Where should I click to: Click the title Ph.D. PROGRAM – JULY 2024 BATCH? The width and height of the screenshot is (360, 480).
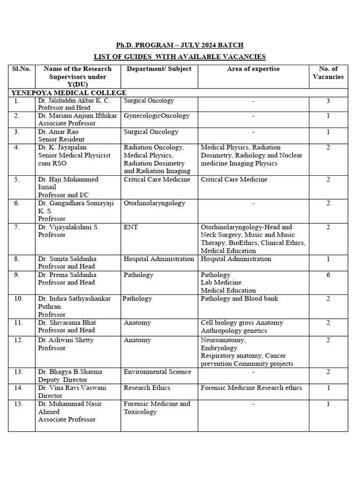(x=180, y=45)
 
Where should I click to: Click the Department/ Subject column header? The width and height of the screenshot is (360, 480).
(x=159, y=69)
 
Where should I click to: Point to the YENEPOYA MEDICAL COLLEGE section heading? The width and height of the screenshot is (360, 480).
(x=69, y=93)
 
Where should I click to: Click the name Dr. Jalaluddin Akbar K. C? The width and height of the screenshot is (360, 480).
(x=74, y=100)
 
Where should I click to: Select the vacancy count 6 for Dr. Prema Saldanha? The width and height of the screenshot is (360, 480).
(x=328, y=275)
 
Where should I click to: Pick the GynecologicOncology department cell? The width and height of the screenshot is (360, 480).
(x=157, y=116)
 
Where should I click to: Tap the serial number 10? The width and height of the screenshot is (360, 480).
(x=18, y=299)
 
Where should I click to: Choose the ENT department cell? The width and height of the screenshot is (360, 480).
(x=131, y=227)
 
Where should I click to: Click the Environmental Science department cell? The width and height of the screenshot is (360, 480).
(x=157, y=372)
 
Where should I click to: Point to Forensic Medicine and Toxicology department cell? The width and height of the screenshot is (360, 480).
(x=157, y=408)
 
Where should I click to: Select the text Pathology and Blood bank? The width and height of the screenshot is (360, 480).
(x=239, y=299)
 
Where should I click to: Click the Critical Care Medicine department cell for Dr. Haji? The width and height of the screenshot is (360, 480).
(x=157, y=179)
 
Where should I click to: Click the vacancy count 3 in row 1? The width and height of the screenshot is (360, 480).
(x=328, y=100)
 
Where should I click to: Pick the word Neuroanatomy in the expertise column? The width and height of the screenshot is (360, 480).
(x=223, y=340)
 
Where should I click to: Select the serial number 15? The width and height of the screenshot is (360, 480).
(x=18, y=404)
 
